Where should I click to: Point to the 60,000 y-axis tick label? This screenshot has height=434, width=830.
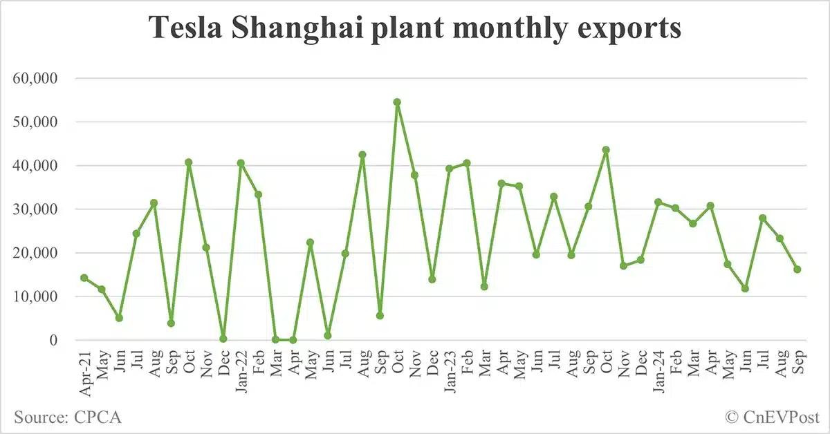click(37, 78)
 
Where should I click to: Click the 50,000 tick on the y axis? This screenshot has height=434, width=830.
click(37, 122)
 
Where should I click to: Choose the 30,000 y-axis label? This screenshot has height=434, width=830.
click(37, 209)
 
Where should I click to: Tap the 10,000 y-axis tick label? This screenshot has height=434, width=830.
click(37, 296)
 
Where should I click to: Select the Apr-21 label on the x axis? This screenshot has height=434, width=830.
click(84, 371)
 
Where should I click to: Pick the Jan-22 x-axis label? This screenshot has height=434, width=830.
click(241, 371)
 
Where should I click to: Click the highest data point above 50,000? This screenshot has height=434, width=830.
click(397, 102)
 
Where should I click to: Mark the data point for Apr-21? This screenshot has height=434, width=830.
click(84, 278)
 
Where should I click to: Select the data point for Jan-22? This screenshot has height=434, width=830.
click(241, 163)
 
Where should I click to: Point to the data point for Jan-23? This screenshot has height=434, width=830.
click(450, 168)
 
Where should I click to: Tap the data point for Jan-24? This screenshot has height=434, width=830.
click(658, 202)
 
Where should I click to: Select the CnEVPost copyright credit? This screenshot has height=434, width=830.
click(772, 417)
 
